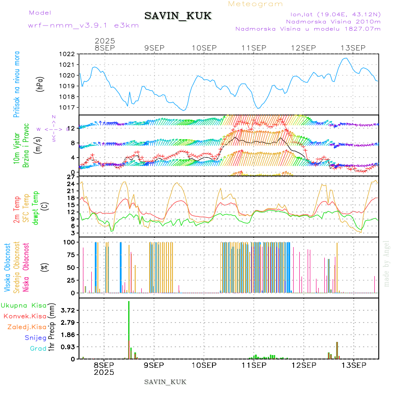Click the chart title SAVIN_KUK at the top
pyautogui.click(x=178, y=16)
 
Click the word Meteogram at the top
pyautogui.click(x=256, y=4)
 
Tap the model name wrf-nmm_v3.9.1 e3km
pyautogui.click(x=83, y=25)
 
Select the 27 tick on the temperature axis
pyautogui.click(x=72, y=177)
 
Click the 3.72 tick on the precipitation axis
pyautogui.click(x=69, y=310)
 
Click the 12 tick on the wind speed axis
pyautogui.click(x=72, y=128)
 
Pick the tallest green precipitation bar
pyautogui.click(x=129, y=329)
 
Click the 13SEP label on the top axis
pyautogui.click(x=354, y=47)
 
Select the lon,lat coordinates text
pyautogui.click(x=332, y=14)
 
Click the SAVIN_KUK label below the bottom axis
pyautogui.click(x=165, y=382)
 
